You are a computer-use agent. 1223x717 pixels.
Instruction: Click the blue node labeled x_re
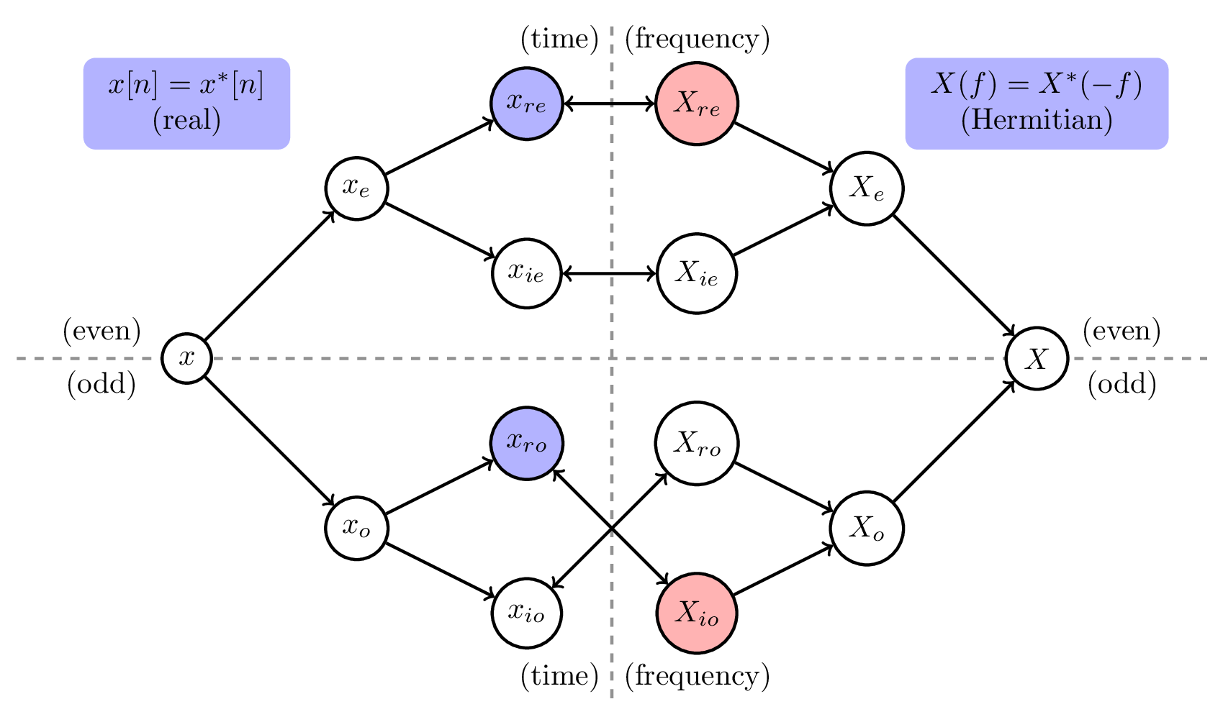[526, 104]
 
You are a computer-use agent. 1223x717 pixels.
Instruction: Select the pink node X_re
[696, 104]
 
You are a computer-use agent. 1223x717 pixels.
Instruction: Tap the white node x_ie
[526, 273]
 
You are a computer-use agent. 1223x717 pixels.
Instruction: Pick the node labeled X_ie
[696, 273]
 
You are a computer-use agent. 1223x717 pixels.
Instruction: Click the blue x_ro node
[526, 443]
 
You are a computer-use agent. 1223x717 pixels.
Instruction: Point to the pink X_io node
[696, 613]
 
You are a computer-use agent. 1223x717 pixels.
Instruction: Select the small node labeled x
[186, 358]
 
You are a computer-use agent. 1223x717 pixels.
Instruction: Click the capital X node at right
[1037, 358]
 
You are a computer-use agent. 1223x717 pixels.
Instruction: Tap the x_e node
[356, 188]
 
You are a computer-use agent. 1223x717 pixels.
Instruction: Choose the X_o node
[866, 529]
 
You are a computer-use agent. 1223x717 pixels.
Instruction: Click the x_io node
[526, 613]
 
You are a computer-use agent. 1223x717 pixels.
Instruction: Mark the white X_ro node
[696, 443]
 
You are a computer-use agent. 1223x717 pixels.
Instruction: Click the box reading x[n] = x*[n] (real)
[186, 104]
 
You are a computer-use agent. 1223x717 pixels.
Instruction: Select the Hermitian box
[1037, 104]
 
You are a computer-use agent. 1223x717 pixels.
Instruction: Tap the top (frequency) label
[697, 39]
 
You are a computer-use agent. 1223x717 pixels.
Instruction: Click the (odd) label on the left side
[101, 385]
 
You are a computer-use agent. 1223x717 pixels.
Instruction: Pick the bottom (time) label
[559, 676]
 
